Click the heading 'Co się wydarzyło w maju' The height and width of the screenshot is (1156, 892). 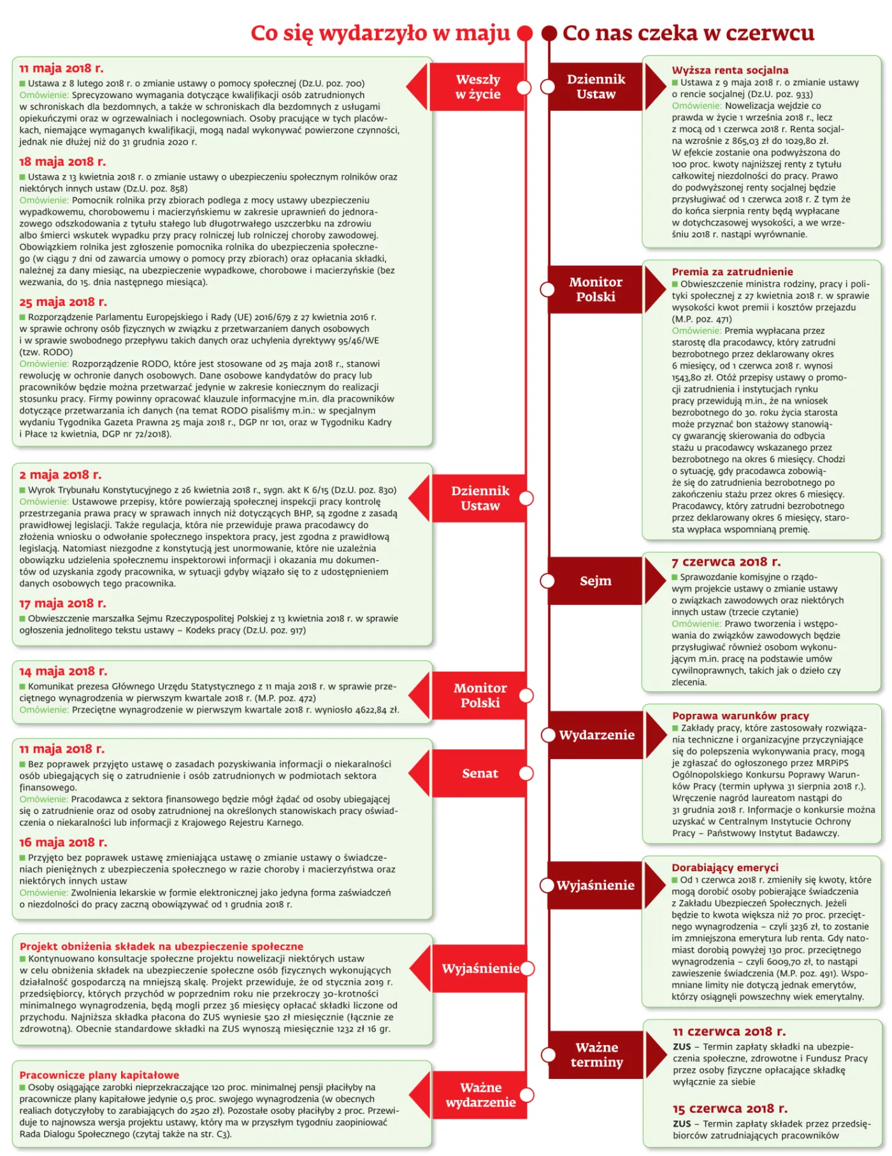pyautogui.click(x=380, y=33)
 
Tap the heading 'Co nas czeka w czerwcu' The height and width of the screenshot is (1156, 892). pyautogui.click(x=688, y=33)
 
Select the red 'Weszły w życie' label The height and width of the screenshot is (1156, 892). pyautogui.click(x=478, y=87)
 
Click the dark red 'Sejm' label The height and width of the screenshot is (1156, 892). pyautogui.click(x=595, y=581)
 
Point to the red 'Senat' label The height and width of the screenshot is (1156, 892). pyautogui.click(x=480, y=773)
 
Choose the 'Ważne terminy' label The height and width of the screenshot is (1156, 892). pyautogui.click(x=596, y=1055)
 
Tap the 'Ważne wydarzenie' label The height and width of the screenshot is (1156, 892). pyautogui.click(x=480, y=1095)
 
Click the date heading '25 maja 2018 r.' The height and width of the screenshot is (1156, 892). pyautogui.click(x=63, y=301)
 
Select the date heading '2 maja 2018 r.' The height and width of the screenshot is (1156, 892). pyautogui.click(x=61, y=475)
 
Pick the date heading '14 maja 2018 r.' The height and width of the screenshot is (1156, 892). pyautogui.click(x=63, y=671)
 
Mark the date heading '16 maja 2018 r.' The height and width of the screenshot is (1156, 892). pyautogui.click(x=63, y=842)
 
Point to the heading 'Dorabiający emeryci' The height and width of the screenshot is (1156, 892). pyautogui.click(x=725, y=867)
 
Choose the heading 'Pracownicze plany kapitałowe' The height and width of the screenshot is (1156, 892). pyautogui.click(x=99, y=1075)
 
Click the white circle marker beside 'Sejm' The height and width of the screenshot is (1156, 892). pyautogui.click(x=548, y=581)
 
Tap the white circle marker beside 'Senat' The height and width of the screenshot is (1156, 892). pyautogui.click(x=526, y=773)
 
